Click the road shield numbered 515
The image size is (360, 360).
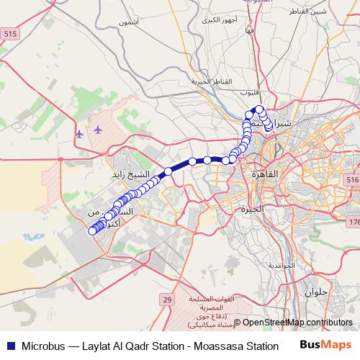coord(10,34)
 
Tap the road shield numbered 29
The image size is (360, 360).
coord(167,298)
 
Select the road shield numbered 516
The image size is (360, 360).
coord(352,180)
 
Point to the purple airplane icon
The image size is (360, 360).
coord(96,130)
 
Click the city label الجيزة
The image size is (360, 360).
coord(254,210)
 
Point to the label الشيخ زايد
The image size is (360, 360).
coord(132,175)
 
